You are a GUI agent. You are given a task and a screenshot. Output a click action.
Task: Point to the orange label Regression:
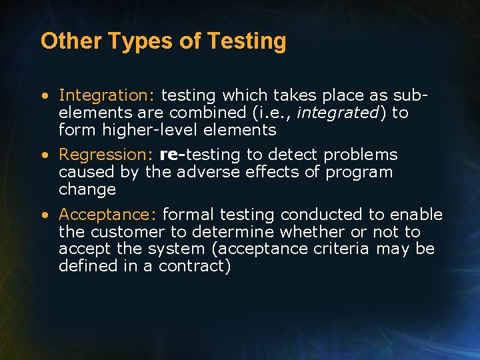coord(107,155)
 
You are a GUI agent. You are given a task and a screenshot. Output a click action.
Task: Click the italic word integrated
coord(337,113)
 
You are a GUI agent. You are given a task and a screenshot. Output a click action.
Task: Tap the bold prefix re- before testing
coord(173,155)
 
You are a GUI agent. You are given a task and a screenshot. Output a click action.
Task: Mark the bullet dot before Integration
coord(43,96)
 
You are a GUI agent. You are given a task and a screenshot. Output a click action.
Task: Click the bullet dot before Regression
coord(43,155)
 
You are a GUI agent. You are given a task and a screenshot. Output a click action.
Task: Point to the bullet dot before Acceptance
coord(43,215)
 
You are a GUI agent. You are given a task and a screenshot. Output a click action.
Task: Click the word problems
coord(361,155)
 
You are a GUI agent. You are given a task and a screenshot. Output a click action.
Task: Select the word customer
coord(124,232)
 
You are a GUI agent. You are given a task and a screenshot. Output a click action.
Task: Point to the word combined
coord(203,113)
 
